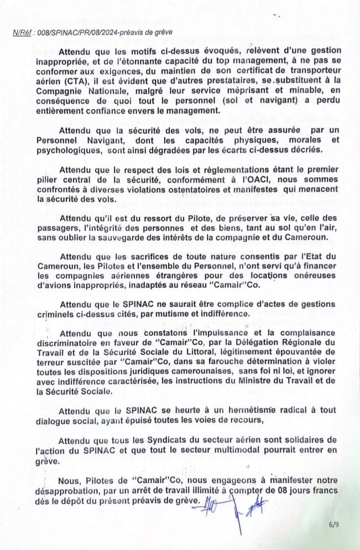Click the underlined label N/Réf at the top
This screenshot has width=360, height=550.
22,33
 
